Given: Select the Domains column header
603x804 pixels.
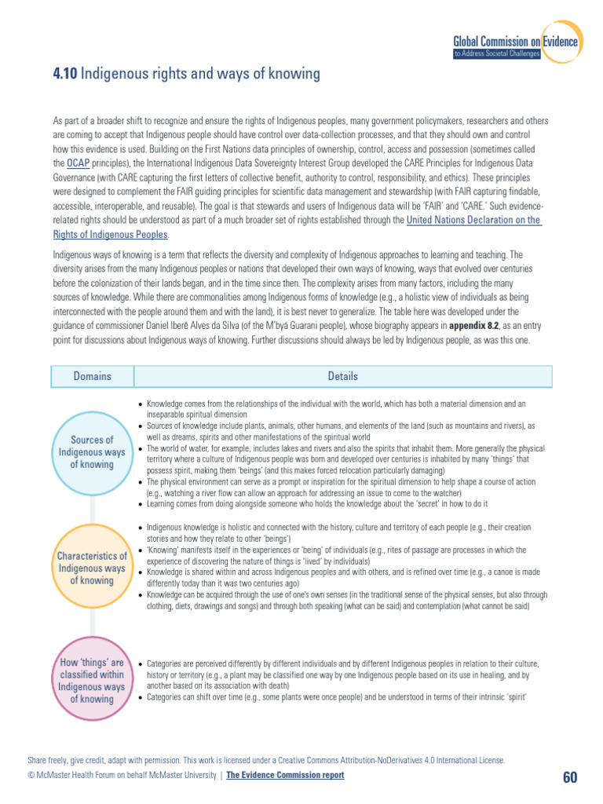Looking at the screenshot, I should coord(92,376).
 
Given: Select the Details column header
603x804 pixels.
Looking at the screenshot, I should coord(342,376).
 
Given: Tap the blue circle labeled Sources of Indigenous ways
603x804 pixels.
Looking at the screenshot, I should coord(92,451).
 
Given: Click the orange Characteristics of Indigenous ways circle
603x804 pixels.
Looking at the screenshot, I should coord(92,568).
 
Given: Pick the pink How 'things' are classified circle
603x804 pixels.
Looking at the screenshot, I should coord(92,681).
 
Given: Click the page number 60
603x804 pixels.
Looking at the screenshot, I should coord(569,777).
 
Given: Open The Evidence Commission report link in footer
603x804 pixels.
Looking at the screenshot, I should coord(285,776).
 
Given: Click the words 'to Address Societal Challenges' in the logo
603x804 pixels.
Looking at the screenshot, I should coord(496,54).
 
